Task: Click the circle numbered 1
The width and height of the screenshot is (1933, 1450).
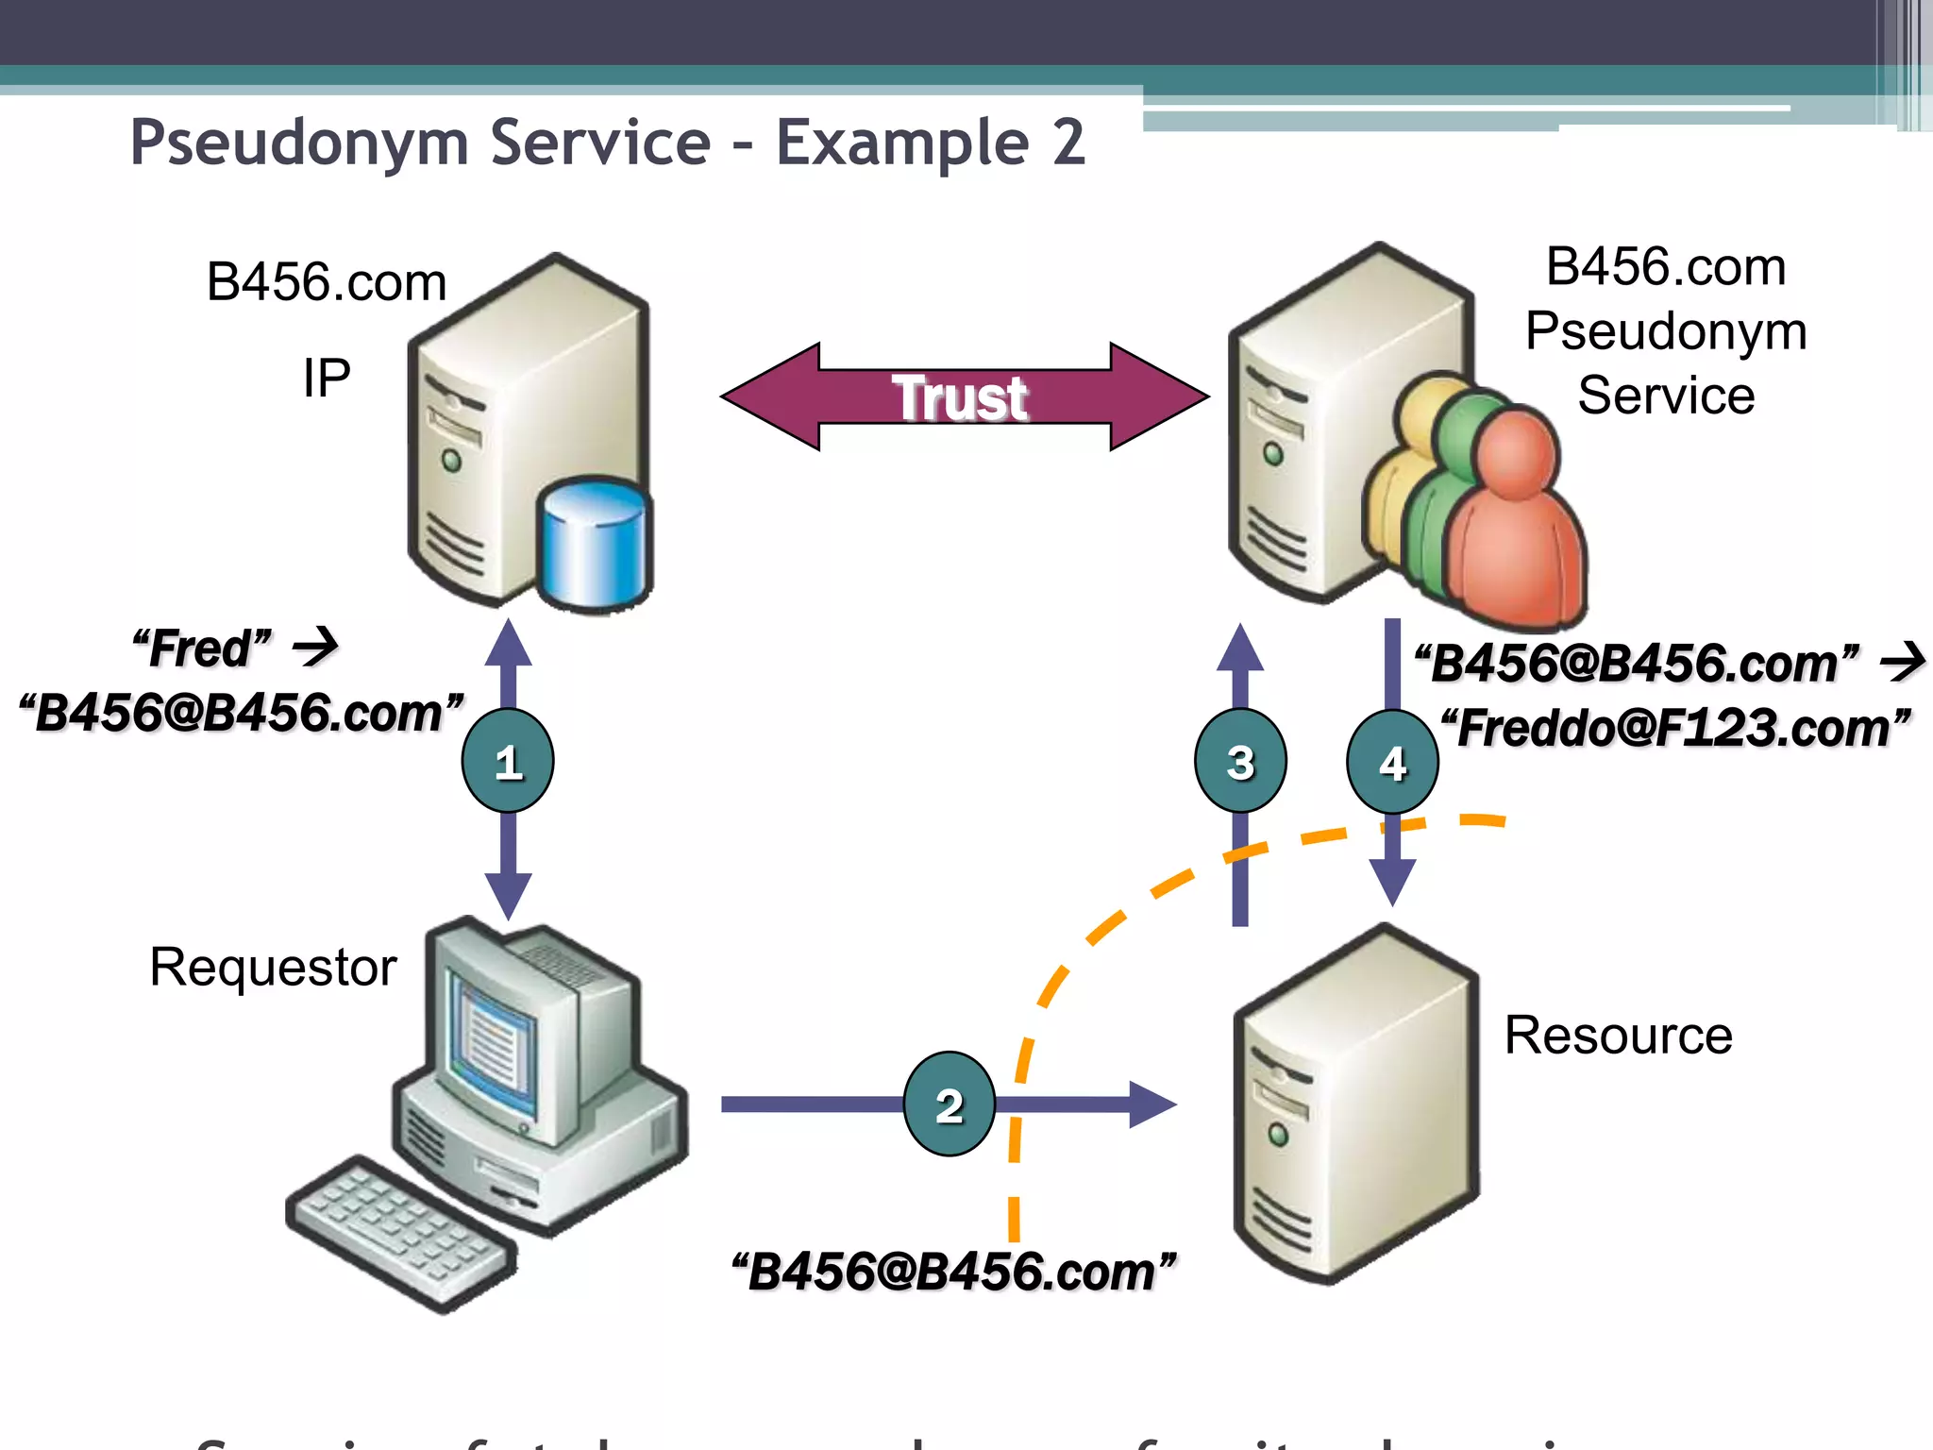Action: pos(508,761)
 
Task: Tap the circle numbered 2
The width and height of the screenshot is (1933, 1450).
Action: pos(949,1104)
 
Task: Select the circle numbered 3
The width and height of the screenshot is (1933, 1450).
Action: pos(1240,761)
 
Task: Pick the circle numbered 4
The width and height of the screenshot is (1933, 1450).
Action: pos(1392,762)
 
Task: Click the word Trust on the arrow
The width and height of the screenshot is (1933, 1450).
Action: pos(960,397)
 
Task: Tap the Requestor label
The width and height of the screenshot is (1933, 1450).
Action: pos(273,968)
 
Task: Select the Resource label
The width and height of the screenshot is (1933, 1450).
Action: pos(1618,1036)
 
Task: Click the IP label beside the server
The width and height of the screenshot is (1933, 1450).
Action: pos(327,379)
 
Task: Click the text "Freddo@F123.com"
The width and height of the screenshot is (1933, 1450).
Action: pos(1674,728)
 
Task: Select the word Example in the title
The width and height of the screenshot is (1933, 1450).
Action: pos(902,143)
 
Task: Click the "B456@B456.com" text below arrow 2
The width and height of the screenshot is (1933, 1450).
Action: pos(953,1272)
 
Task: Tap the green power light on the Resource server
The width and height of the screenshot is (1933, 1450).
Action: pos(1278,1134)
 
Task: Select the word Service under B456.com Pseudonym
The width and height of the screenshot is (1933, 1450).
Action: pos(1666,395)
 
